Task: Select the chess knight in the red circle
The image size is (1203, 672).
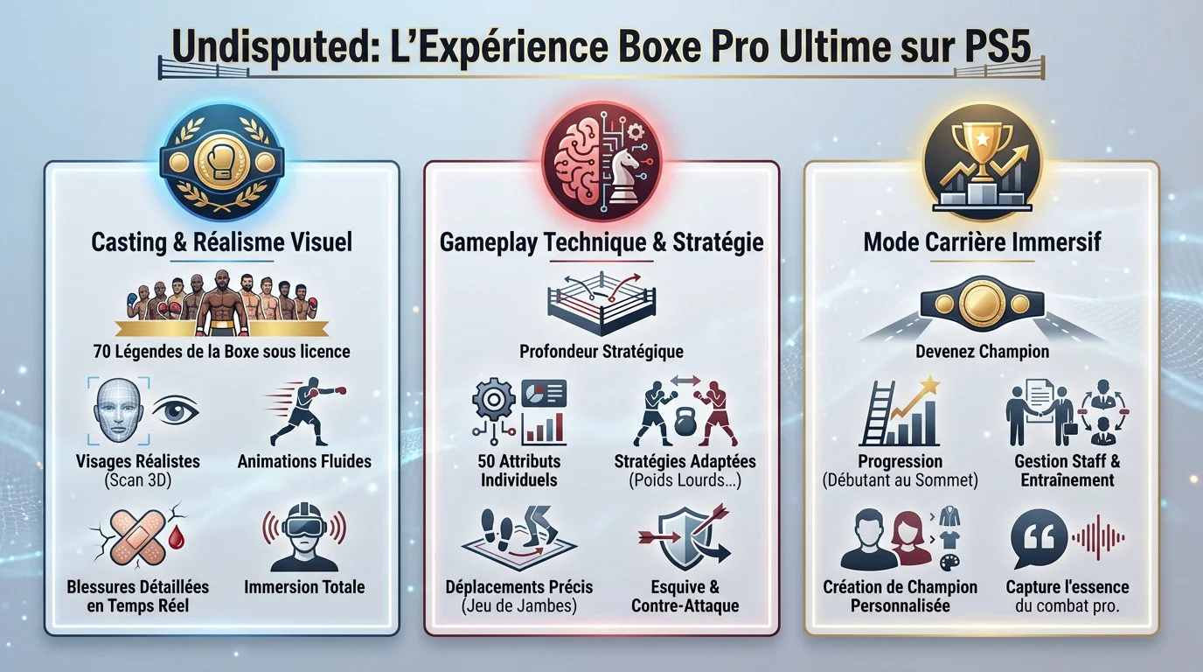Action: pyautogui.click(x=623, y=175)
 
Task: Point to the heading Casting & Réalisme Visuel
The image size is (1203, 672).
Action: pyautogui.click(x=221, y=241)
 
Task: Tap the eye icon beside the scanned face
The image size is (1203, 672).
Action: pyautogui.click(x=175, y=411)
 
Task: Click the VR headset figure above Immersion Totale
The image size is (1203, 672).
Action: pyautogui.click(x=304, y=537)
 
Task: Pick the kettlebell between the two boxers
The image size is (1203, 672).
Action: pyautogui.click(x=685, y=420)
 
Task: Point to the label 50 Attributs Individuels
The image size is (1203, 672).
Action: pyautogui.click(x=518, y=471)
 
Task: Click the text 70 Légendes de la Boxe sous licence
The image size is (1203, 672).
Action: pyautogui.click(x=221, y=352)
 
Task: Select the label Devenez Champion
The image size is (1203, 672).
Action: pyautogui.click(x=983, y=352)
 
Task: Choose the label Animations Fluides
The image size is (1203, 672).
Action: pyautogui.click(x=304, y=461)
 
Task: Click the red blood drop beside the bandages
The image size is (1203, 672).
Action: pyautogui.click(x=176, y=537)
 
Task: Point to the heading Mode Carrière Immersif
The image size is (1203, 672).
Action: pyautogui.click(x=983, y=241)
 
